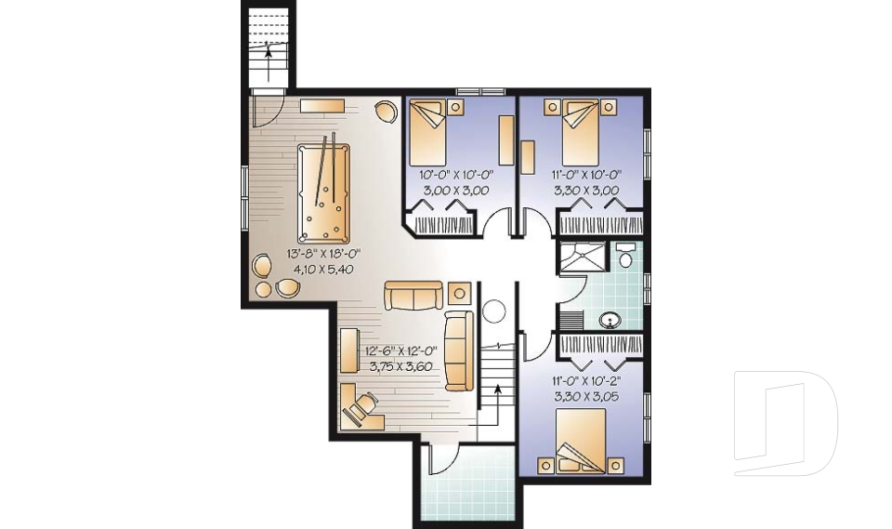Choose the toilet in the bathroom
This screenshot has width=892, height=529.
tap(625, 257)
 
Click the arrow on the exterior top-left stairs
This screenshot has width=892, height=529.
tap(269, 53)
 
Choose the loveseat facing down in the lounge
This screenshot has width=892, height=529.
tap(414, 296)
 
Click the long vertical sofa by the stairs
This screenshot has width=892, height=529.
tap(458, 350)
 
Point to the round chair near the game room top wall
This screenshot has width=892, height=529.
tap(384, 111)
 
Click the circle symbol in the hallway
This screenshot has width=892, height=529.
tap(492, 311)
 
